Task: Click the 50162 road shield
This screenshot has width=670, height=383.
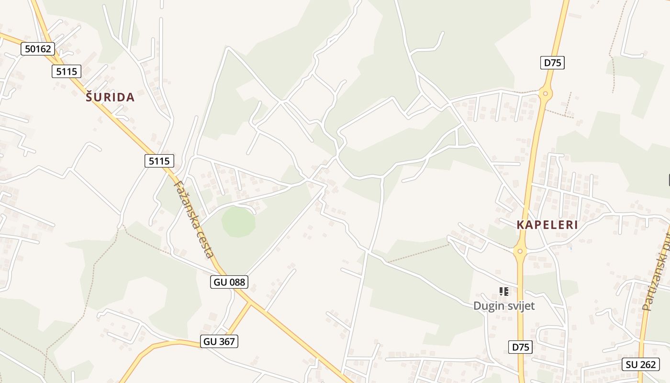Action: pos(38,48)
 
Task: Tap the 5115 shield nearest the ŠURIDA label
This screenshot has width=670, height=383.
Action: pos(66,71)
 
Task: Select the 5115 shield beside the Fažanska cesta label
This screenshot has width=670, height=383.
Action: pos(159,161)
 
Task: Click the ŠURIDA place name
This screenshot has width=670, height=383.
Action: pos(110,98)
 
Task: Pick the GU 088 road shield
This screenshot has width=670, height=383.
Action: pos(229,282)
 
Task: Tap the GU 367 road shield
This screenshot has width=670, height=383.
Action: pos(220,341)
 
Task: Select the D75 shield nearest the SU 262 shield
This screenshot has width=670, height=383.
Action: pos(520,347)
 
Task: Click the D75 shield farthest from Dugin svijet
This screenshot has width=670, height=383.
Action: pos(552,63)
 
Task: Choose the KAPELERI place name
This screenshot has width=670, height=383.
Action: pos(547,225)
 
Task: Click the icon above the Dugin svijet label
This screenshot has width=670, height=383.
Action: pos(503,291)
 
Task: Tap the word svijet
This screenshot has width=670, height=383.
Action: pos(520,306)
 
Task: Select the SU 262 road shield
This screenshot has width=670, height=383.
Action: pos(640,364)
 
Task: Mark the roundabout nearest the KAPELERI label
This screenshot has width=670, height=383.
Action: pos(520,250)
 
